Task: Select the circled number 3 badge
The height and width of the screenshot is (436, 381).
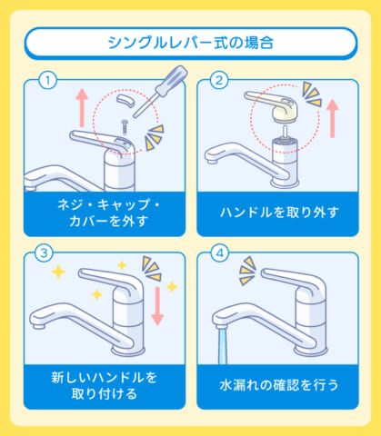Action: click(42, 253)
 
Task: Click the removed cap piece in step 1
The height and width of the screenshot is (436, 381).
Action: click(129, 105)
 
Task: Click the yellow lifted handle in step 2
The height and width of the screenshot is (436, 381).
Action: click(277, 106)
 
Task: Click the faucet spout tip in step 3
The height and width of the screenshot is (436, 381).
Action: click(40, 321)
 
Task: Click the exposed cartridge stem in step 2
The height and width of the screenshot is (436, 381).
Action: click(285, 133)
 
